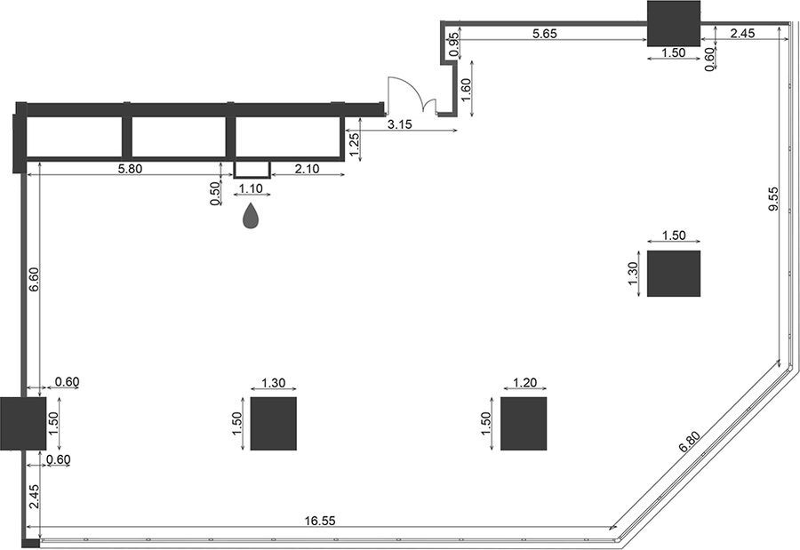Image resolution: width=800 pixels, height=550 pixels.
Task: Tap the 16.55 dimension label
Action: (320, 521)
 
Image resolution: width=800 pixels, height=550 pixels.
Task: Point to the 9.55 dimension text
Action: (773, 198)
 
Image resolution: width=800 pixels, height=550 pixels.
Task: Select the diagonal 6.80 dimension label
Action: (690, 442)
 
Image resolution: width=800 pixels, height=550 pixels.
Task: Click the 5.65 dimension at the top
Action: (544, 34)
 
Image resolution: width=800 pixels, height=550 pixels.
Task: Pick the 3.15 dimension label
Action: (399, 124)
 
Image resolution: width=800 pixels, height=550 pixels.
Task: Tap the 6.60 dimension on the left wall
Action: (34, 279)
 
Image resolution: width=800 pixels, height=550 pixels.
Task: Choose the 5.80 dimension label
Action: (130, 168)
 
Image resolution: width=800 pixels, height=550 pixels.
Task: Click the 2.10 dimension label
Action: (307, 168)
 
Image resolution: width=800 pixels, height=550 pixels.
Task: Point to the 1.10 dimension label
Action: (251, 188)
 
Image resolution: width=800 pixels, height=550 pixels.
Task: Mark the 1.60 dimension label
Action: (466, 89)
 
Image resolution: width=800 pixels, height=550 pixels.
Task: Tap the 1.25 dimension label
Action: (354, 145)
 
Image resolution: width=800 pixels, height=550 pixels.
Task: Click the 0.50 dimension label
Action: (215, 194)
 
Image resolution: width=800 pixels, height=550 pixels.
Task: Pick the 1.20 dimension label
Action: (524, 383)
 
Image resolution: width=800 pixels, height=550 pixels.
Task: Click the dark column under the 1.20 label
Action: (524, 424)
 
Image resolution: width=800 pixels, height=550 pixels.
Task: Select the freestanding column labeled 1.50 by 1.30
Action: (674, 274)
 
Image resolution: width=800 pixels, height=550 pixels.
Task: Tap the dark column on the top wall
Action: (674, 23)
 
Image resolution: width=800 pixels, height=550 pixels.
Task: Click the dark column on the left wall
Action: (23, 424)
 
